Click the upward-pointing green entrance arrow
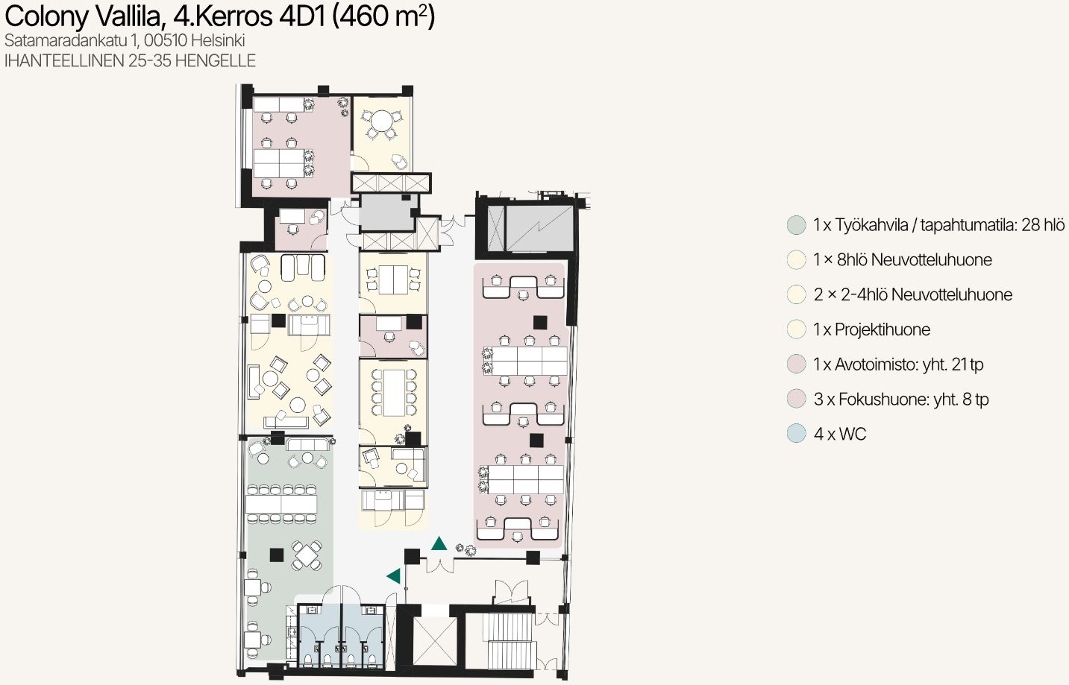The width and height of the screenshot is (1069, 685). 439,544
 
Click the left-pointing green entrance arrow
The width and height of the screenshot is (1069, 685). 394,576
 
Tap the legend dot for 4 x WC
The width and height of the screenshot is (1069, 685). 796,434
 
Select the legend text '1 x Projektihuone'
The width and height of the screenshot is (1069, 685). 872,329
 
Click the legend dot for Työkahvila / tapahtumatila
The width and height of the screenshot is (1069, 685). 796,225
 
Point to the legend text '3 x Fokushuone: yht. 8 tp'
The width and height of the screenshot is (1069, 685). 901,399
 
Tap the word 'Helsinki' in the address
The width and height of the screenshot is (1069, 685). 218,40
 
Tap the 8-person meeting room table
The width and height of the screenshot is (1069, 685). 394,393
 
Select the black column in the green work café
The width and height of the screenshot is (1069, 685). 276,555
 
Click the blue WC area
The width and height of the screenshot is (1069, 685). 341,635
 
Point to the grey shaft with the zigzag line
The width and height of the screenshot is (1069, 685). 539,228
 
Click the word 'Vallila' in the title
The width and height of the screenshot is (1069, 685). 130,16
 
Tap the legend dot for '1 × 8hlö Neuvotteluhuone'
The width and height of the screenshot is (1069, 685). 796,260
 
